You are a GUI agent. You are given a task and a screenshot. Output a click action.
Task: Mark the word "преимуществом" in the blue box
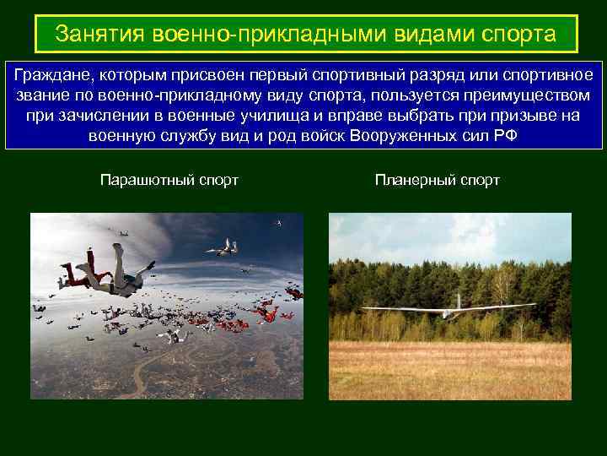click(524, 95)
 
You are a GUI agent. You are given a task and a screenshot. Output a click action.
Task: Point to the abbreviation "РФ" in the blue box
click(505, 136)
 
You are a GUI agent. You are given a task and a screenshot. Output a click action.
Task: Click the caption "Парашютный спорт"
click(169, 180)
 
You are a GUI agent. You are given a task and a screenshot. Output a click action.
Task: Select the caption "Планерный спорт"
click(438, 180)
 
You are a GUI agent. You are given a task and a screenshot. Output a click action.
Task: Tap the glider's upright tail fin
click(458, 300)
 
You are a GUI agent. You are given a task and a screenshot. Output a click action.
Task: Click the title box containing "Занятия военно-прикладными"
click(306, 35)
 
